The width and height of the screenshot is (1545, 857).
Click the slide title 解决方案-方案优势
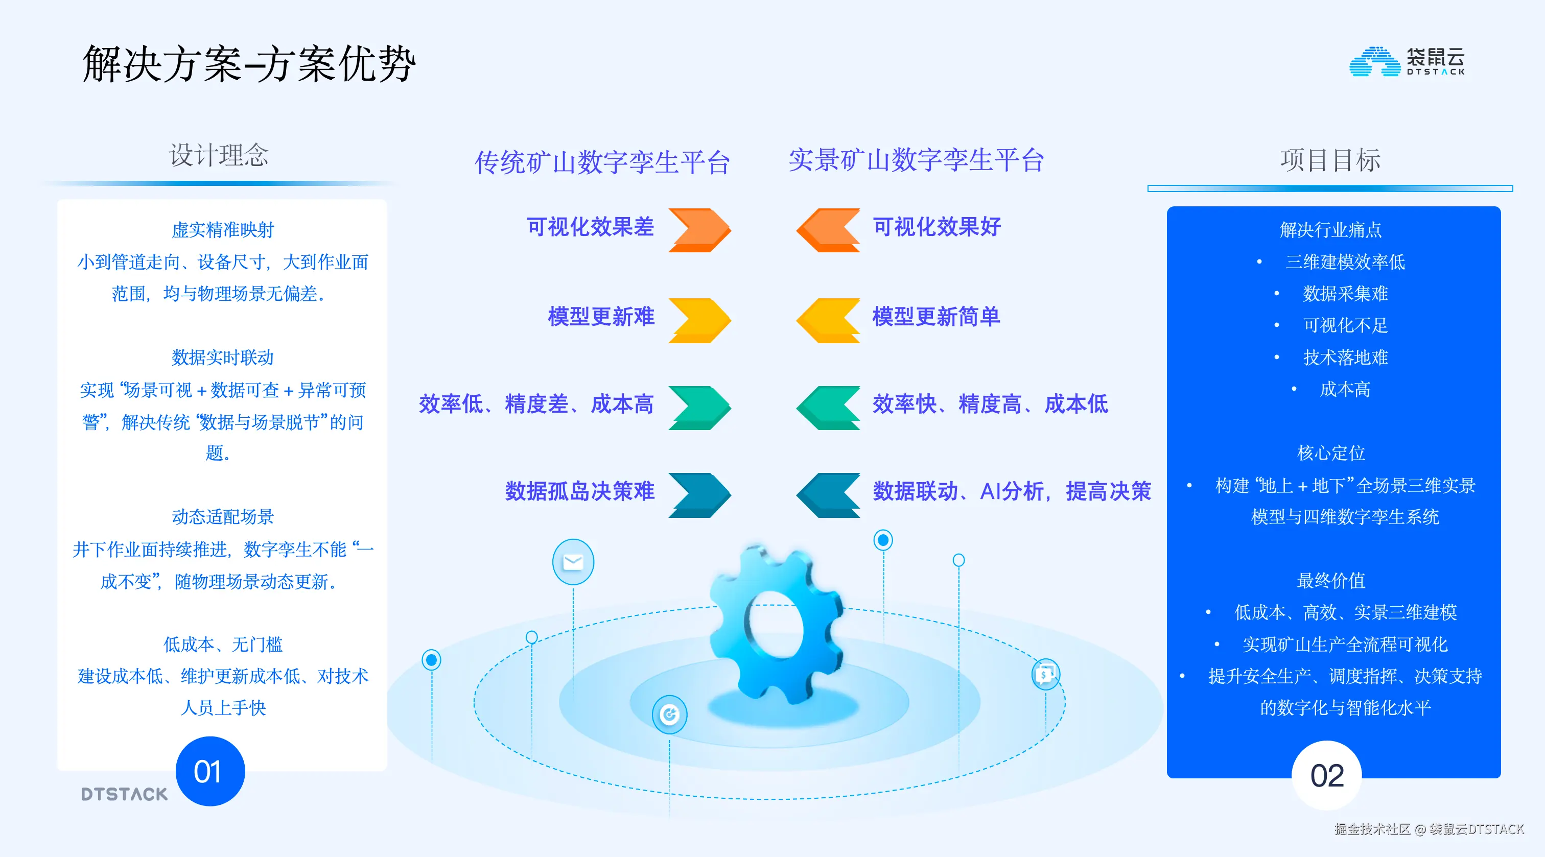pos(249,63)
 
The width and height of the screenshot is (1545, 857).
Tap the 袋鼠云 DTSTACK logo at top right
pos(1407,62)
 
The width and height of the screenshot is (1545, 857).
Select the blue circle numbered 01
pos(210,771)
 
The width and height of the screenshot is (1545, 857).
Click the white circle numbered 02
pos(1326,775)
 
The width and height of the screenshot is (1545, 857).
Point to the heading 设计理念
pos(218,155)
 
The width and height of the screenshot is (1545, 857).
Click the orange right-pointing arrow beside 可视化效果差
pos(699,230)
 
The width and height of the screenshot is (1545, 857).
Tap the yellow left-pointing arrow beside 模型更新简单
pos(828,320)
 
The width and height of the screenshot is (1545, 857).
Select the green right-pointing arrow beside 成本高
pos(699,407)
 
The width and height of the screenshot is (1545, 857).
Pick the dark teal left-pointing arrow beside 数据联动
pos(828,495)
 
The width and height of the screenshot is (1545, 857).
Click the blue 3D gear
pos(776,624)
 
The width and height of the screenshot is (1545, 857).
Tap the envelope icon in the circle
pos(573,562)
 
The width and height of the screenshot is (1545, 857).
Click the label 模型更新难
pos(600,317)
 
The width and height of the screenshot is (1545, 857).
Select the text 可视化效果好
pos(936,227)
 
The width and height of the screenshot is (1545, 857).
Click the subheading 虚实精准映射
pos(223,230)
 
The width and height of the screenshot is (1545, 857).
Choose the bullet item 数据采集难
pos(1345,294)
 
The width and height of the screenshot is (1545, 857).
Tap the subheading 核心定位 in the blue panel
pos(1330,453)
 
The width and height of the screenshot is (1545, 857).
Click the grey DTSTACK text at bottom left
pos(124,794)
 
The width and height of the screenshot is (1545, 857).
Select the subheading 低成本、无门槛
pos(223,645)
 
